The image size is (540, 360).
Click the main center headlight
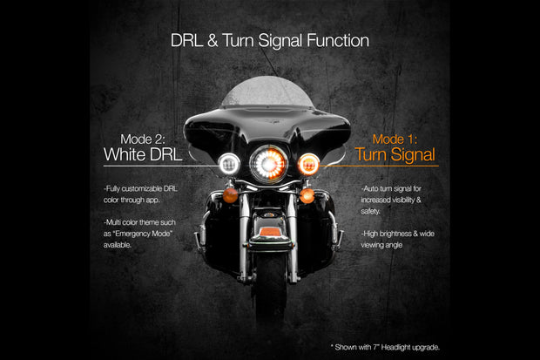point(267,162)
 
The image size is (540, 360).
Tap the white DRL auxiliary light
point(229,163)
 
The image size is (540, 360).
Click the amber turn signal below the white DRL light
point(230,194)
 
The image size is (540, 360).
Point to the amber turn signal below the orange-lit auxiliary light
point(306,195)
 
